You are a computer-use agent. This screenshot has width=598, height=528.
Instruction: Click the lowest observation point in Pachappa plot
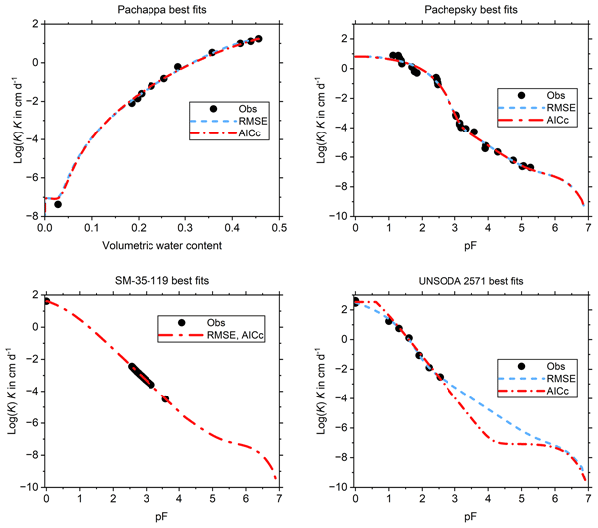click(x=58, y=204)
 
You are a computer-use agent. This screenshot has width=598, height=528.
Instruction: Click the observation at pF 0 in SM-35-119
click(x=46, y=300)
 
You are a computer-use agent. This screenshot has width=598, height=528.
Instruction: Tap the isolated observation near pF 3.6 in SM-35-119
click(x=165, y=398)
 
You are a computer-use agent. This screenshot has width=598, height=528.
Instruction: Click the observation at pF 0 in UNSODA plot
click(x=355, y=300)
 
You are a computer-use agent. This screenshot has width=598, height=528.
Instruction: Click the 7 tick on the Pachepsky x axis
click(x=587, y=227)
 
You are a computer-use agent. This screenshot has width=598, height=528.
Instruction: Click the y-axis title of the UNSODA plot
click(x=322, y=391)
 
